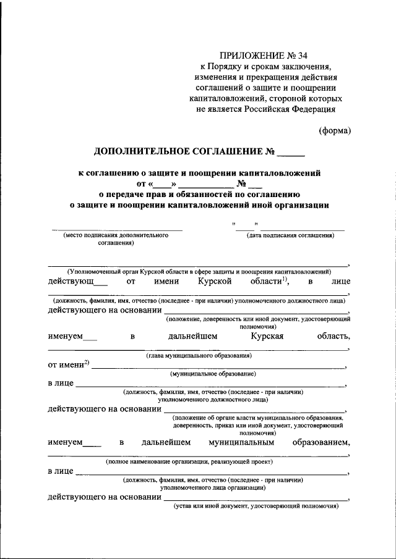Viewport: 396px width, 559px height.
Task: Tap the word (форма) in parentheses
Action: pyautogui.click(x=335, y=130)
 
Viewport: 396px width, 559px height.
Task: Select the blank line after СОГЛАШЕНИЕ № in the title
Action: pyautogui.click(x=291, y=152)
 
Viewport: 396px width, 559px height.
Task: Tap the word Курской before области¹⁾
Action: pyautogui.click(x=215, y=282)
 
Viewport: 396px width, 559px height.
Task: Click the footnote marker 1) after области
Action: pyautogui.click(x=285, y=279)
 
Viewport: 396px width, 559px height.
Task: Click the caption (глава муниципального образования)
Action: pyautogui.click(x=198, y=356)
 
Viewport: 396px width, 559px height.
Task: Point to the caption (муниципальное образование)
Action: pyautogui.click(x=213, y=374)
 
